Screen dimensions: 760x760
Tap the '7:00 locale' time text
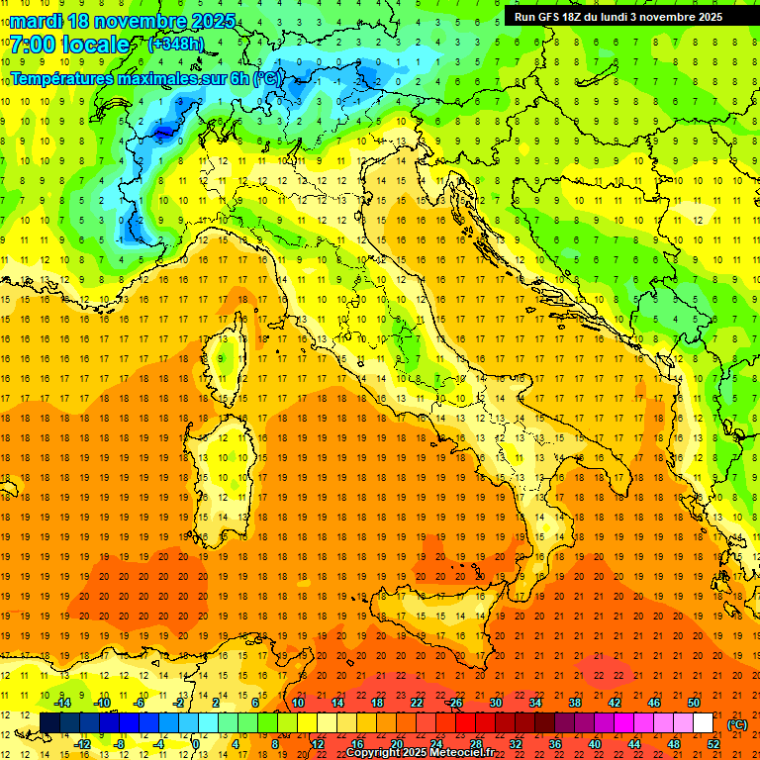coord(69,45)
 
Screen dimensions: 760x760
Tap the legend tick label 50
coord(693,703)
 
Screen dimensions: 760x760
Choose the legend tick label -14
coord(61,703)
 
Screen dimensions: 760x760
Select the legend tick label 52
coord(712,744)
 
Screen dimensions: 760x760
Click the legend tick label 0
coord(196,744)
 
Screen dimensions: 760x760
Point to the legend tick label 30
coord(495,703)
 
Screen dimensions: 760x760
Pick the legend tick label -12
coord(82,744)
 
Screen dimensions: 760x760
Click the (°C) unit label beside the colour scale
coord(737,724)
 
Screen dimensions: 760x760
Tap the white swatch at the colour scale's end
coord(704,723)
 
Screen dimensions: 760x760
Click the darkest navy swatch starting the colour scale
coord(49,723)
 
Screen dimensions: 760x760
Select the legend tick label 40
coord(594,744)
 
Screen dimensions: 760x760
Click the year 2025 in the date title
coord(213,21)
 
